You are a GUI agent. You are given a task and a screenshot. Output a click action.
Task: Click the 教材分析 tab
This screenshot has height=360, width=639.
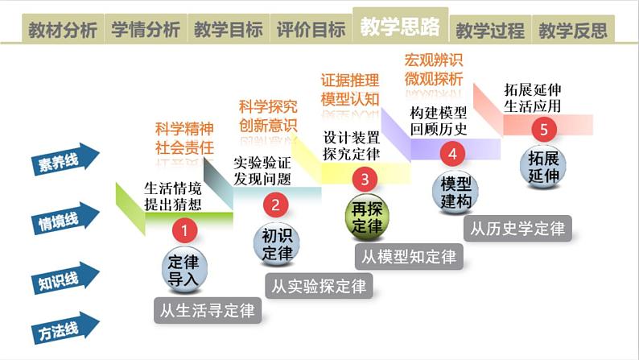63,31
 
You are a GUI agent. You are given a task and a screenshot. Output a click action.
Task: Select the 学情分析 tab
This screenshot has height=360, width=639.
146,31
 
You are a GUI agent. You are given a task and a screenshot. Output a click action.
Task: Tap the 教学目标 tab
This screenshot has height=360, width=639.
229,31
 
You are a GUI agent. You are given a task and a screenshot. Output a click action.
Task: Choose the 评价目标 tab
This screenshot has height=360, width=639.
311,31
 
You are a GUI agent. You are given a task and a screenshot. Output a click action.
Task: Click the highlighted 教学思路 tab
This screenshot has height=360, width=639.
400,27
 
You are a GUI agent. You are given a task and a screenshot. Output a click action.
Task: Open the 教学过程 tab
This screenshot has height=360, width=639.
490,31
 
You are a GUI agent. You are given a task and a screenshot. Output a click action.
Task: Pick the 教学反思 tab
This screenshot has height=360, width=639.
573,31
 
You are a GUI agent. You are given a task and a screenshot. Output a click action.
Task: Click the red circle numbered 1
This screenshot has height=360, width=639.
184,231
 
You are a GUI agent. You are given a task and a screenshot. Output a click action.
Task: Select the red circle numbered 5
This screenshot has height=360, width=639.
544,128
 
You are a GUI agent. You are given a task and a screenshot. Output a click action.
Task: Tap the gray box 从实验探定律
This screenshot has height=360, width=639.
317,285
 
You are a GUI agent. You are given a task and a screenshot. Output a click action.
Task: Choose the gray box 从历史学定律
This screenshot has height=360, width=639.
517,228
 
